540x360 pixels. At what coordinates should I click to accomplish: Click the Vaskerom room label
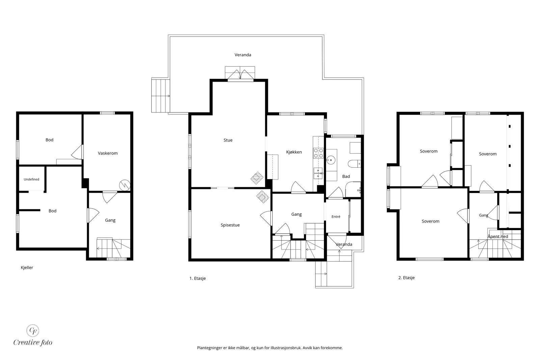[x=108, y=153]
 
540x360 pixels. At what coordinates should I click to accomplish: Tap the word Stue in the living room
[x=228, y=140]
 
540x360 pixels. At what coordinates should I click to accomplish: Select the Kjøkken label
[x=294, y=152]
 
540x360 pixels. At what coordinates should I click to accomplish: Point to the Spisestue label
[x=230, y=225]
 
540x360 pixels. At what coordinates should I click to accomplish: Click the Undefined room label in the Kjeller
[x=31, y=179]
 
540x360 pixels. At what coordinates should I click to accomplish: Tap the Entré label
[x=336, y=217]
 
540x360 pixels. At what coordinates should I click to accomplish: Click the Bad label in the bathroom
[x=346, y=176]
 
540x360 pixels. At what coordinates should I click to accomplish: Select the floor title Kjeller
[x=27, y=268]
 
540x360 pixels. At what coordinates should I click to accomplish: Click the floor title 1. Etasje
[x=198, y=278]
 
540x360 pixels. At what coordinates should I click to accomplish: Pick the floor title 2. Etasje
[x=406, y=278]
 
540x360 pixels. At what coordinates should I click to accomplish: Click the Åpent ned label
[x=498, y=237]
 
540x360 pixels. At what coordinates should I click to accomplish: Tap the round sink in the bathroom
[x=331, y=160]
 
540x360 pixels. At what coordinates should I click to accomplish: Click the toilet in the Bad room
[x=354, y=164]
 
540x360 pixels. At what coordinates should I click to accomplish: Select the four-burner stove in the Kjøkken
[x=318, y=153]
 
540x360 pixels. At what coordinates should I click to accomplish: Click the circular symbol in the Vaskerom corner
[x=125, y=185]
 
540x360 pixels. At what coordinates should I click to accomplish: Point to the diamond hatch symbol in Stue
[x=257, y=178]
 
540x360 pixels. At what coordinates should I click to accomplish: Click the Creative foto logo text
[x=33, y=342]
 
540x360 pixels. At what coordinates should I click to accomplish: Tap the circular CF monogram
[x=32, y=331]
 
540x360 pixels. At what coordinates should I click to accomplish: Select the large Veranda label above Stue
[x=243, y=55]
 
